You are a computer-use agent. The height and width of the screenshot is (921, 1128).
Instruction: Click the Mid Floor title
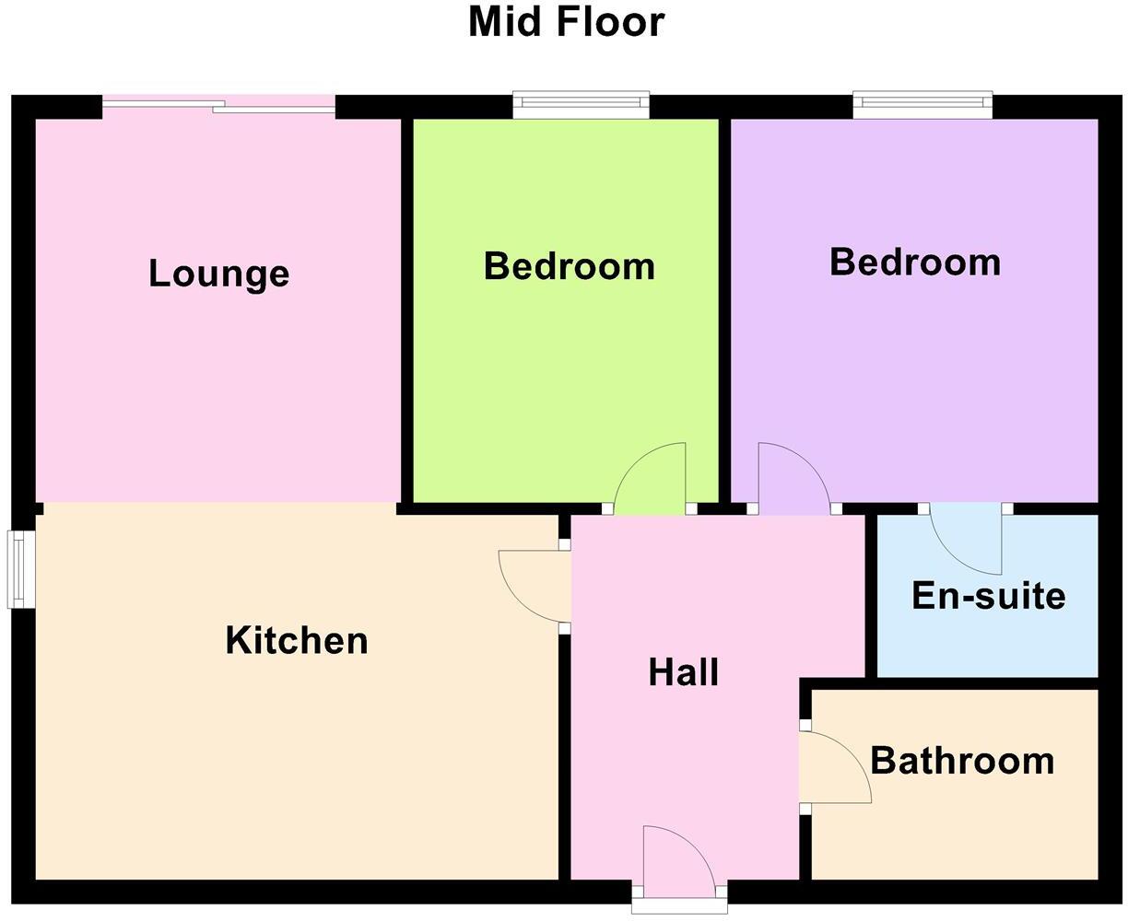click(x=566, y=22)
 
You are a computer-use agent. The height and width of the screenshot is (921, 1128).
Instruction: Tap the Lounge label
click(x=219, y=274)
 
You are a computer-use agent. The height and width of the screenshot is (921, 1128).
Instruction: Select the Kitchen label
click(x=297, y=640)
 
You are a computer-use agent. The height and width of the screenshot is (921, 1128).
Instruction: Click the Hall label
click(x=684, y=672)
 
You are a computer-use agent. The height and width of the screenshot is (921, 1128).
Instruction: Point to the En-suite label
click(x=989, y=596)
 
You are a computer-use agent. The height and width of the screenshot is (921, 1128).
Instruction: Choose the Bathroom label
click(x=962, y=761)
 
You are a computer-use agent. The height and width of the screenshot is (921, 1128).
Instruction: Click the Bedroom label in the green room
click(x=570, y=266)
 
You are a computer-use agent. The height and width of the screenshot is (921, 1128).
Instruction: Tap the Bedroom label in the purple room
click(x=915, y=262)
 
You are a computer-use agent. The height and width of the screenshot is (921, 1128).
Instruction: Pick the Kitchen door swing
click(x=533, y=586)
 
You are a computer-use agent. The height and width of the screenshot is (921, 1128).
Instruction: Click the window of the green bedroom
click(x=582, y=104)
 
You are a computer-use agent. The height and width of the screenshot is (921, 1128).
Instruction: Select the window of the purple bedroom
click(x=922, y=104)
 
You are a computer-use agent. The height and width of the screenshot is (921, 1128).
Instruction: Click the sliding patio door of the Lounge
click(x=218, y=106)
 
